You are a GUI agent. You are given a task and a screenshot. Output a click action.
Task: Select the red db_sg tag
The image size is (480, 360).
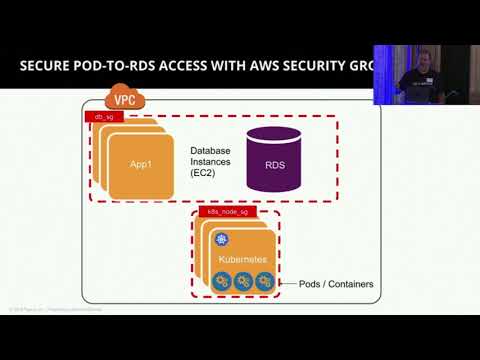click(101, 118)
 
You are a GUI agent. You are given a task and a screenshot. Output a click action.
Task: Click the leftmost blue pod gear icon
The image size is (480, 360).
click(223, 281)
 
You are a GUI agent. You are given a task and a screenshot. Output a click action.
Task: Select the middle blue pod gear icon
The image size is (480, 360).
click(243, 281)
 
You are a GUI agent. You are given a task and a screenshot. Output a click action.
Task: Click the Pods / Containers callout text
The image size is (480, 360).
click(336, 284)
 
